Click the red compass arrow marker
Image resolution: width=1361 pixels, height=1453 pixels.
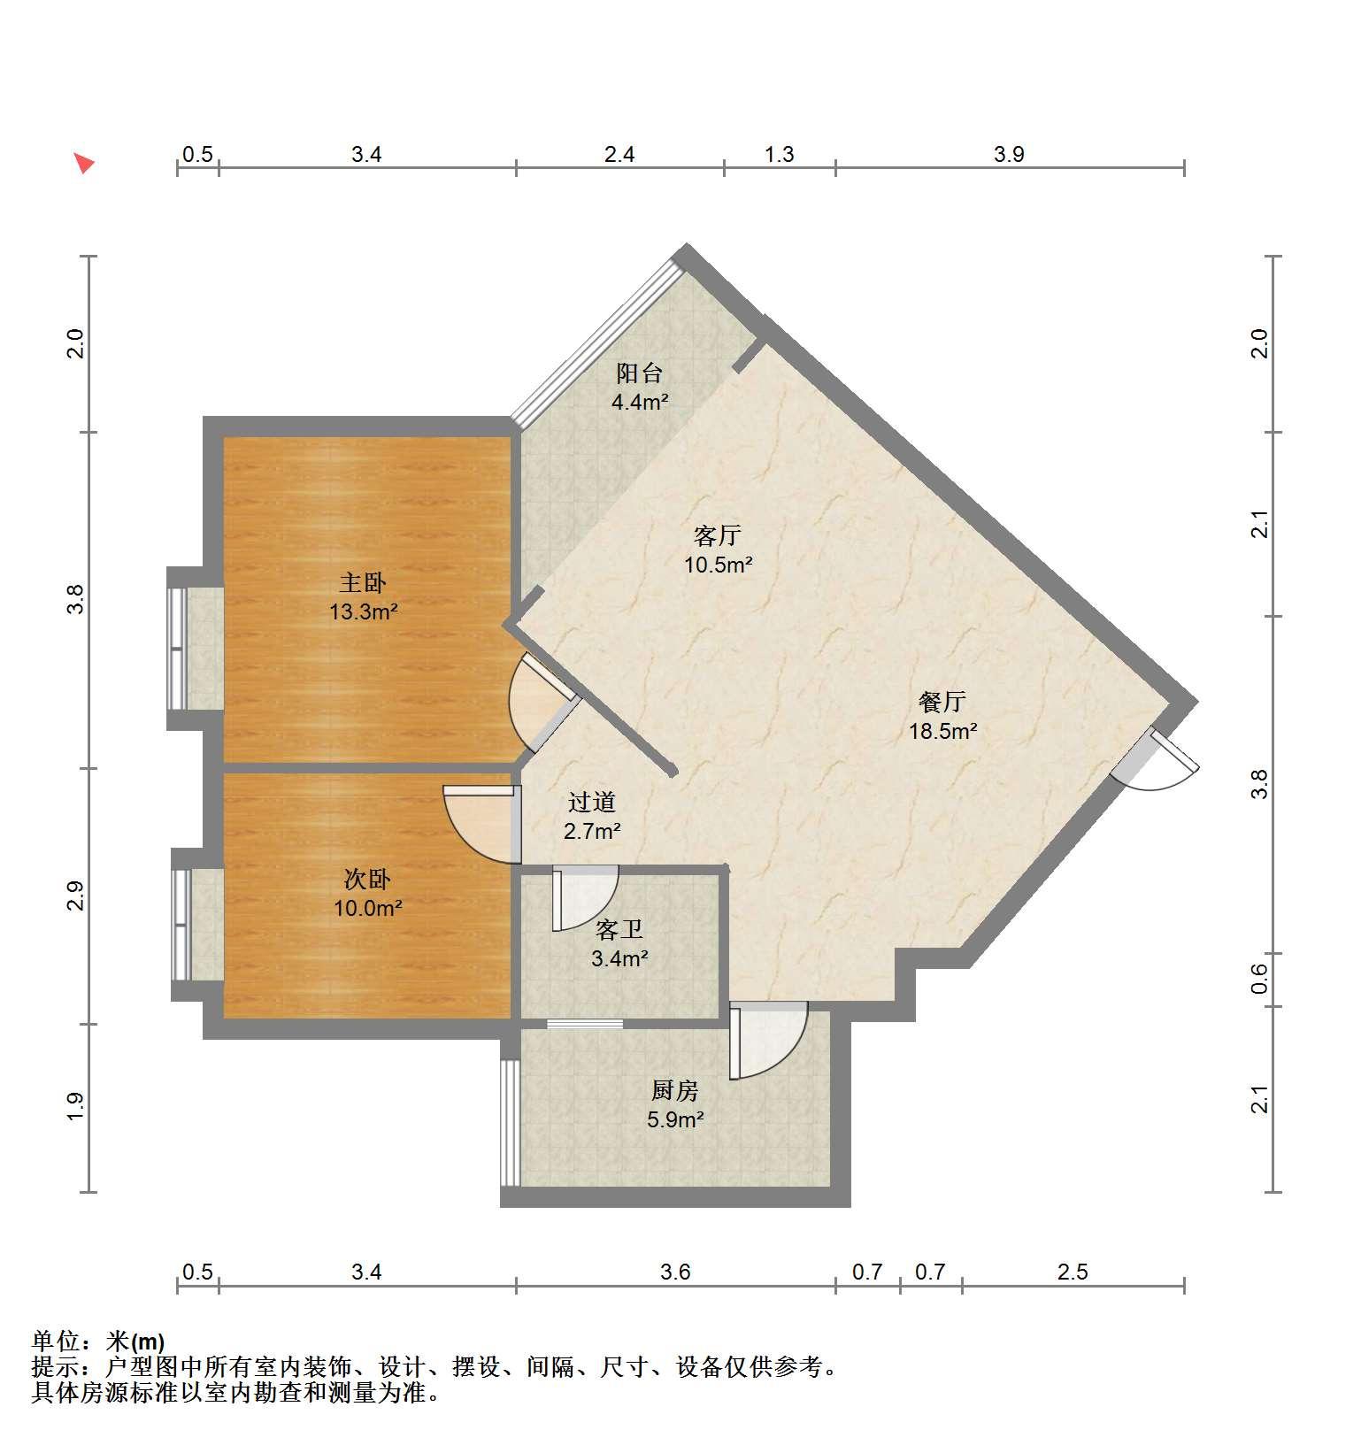click(x=83, y=163)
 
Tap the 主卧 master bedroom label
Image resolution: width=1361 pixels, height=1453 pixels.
click(x=363, y=583)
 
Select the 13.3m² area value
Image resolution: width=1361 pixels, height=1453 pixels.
click(x=364, y=611)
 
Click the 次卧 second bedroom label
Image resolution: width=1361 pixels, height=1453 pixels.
click(x=367, y=880)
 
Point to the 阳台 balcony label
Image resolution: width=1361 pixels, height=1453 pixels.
click(x=639, y=373)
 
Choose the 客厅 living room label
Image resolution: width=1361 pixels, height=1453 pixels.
click(x=717, y=535)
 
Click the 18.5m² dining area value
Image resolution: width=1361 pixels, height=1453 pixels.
click(x=943, y=731)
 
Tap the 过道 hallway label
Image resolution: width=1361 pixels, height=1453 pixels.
click(x=592, y=803)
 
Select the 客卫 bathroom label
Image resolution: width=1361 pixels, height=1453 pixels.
click(x=619, y=929)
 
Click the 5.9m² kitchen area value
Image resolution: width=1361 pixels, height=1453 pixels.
click(x=675, y=1119)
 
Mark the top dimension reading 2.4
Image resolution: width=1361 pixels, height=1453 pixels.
click(x=619, y=155)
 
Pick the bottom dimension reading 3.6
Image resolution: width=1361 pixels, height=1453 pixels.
click(x=675, y=1272)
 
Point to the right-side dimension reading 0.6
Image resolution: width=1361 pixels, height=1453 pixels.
click(x=1259, y=979)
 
